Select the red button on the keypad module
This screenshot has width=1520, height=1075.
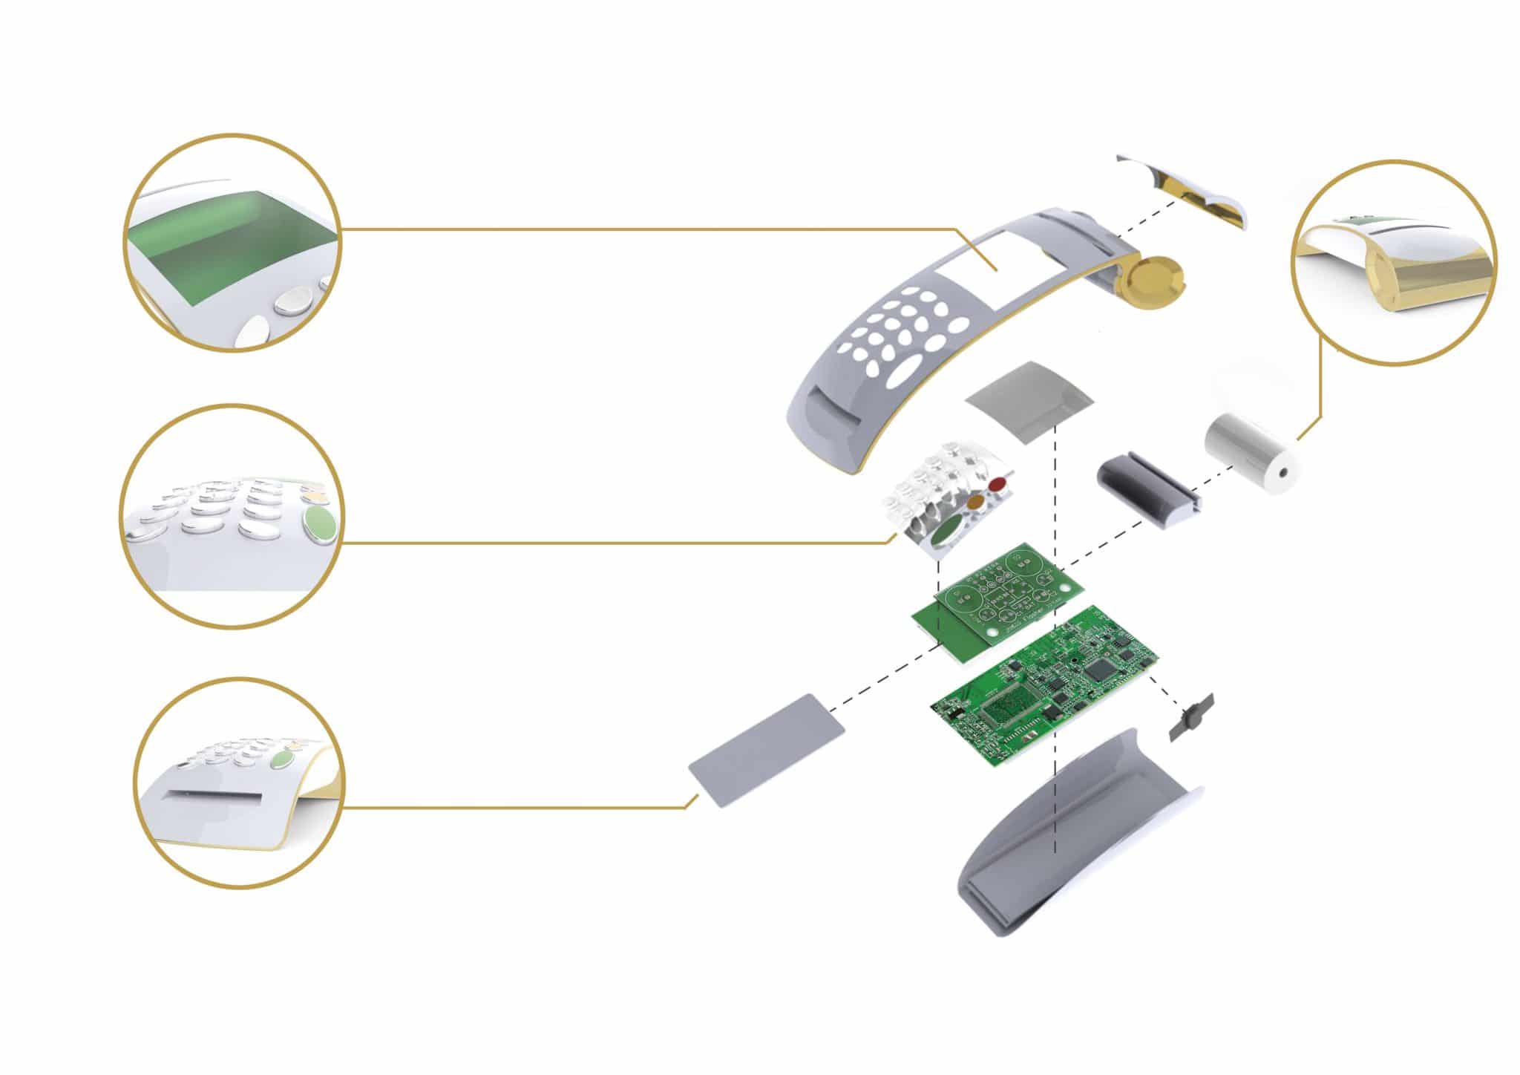pyautogui.click(x=998, y=486)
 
